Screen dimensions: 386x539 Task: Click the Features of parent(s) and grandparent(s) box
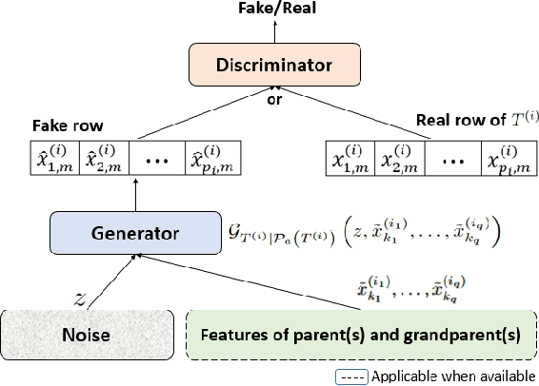pyautogui.click(x=358, y=335)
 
